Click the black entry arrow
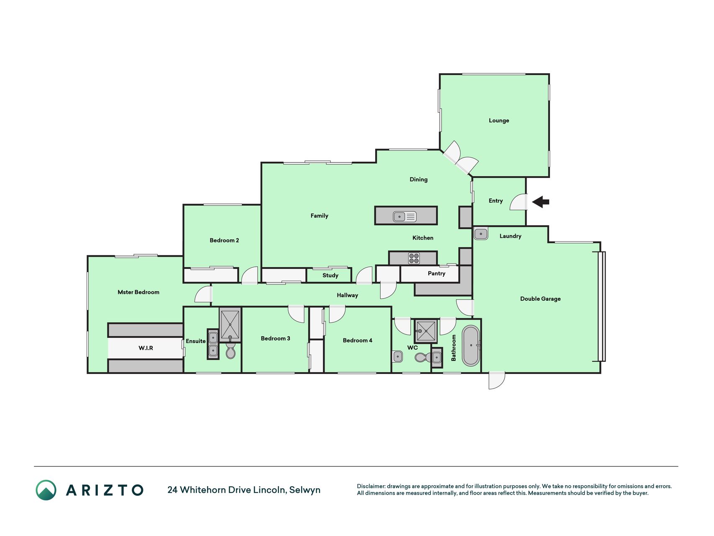pyautogui.click(x=540, y=202)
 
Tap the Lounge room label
pyautogui.click(x=499, y=121)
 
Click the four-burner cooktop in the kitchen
pyautogui.click(x=414, y=258)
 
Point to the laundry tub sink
pyautogui.click(x=481, y=233)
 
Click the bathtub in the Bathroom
pyautogui.click(x=471, y=346)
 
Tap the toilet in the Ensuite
pyautogui.click(x=230, y=351)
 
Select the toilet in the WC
pyautogui.click(x=423, y=357)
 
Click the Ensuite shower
pyautogui.click(x=230, y=325)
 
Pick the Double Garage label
pyautogui.click(x=540, y=299)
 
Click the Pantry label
pyautogui.click(x=436, y=273)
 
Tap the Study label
pyautogui.click(x=330, y=276)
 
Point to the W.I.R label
pyautogui.click(x=146, y=348)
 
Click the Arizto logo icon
pyautogui.click(x=46, y=490)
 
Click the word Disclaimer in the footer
pyautogui.click(x=371, y=486)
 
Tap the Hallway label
pyautogui.click(x=347, y=295)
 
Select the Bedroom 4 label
pyautogui.click(x=357, y=340)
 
